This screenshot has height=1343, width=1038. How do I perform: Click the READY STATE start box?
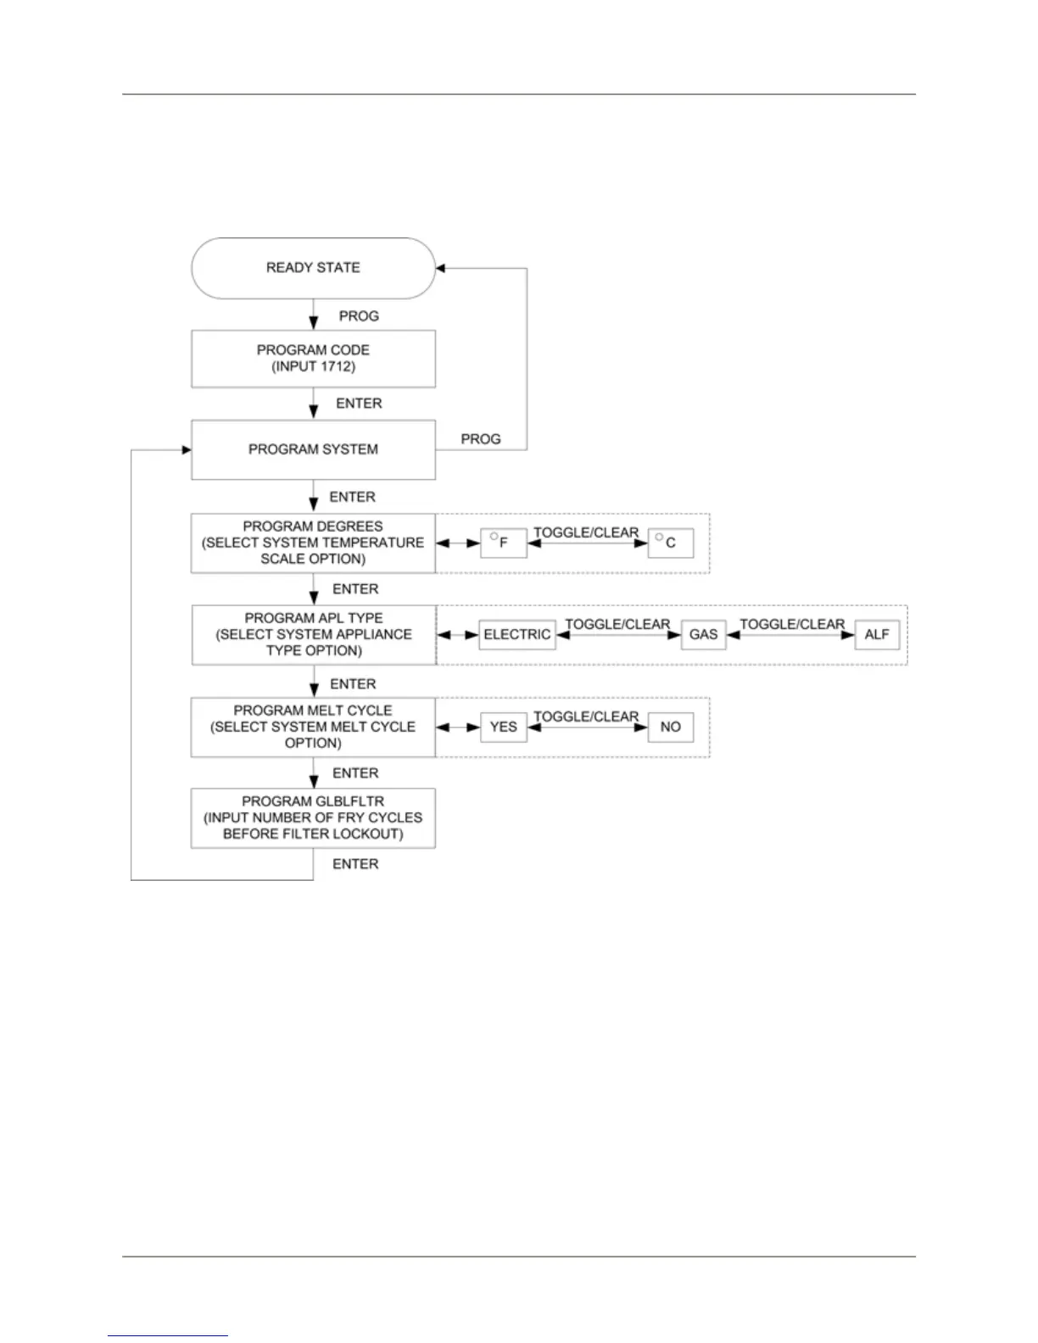point(313,268)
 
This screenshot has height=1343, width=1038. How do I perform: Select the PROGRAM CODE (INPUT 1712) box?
point(313,359)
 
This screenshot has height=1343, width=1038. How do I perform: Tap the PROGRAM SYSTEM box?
point(313,449)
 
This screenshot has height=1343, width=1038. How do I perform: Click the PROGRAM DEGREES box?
point(313,543)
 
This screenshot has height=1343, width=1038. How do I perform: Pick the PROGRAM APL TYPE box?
point(314,634)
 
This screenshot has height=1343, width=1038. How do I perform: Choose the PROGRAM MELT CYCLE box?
point(313,727)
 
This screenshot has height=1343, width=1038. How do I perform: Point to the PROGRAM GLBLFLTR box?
point(313,817)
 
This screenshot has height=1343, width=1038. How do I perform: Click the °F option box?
point(503,543)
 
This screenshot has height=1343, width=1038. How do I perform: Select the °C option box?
point(670,543)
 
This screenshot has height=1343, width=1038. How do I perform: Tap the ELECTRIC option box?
point(517,634)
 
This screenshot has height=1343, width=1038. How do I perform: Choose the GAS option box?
point(703,634)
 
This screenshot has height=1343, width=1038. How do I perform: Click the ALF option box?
point(877,634)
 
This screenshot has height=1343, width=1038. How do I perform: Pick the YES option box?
point(503,727)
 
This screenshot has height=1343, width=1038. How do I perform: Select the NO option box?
point(670,727)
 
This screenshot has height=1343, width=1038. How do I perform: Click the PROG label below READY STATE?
point(359,316)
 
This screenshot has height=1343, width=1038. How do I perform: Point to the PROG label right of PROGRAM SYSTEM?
point(481,439)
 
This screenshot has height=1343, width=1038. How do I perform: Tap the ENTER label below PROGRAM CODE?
point(359,404)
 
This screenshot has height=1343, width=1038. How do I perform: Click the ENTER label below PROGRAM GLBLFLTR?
point(355,864)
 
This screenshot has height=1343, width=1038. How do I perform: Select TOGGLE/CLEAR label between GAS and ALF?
point(792,624)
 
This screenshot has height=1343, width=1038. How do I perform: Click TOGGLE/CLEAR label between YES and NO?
point(586,716)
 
